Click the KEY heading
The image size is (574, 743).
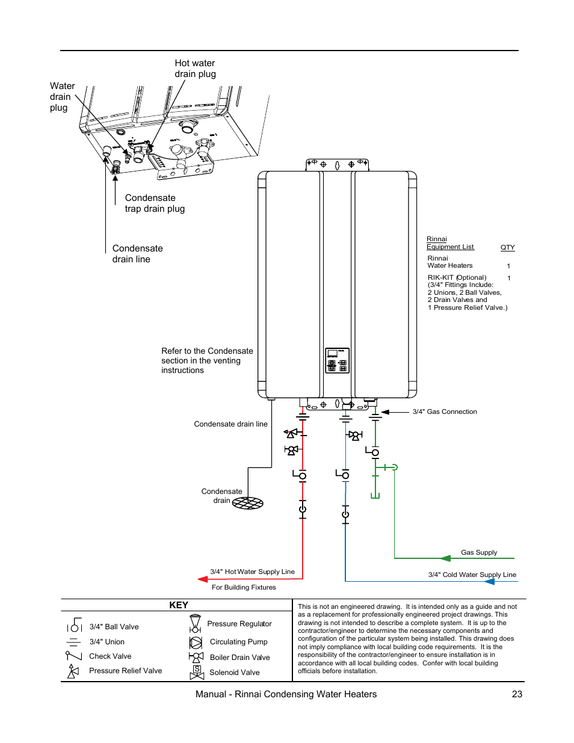[179, 605]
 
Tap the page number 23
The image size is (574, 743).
[517, 694]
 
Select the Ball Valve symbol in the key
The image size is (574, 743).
[74, 626]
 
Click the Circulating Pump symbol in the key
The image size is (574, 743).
[196, 643]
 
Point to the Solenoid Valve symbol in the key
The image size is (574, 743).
[197, 673]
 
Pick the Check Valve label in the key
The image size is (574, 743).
[110, 656]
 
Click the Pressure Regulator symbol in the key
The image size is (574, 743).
[195, 623]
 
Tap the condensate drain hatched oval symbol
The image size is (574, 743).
[248, 503]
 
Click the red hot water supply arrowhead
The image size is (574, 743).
[203, 579]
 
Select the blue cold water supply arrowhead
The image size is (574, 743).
[489, 582]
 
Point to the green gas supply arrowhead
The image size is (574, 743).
[446, 558]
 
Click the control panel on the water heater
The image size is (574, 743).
[337, 360]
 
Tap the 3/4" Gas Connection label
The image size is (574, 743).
[445, 412]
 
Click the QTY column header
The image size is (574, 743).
[507, 247]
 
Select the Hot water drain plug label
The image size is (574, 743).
[195, 69]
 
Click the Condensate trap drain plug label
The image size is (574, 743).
[155, 203]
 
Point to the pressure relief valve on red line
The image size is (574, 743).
[292, 433]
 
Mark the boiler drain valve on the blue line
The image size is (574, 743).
[355, 436]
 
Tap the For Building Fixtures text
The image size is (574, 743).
[244, 588]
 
